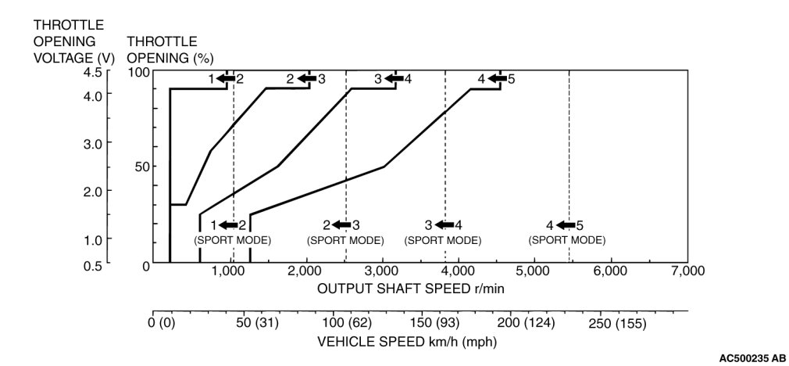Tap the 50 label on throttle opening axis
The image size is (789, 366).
click(141, 167)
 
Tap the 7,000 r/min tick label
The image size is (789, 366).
click(687, 271)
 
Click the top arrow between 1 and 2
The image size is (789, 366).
click(226, 78)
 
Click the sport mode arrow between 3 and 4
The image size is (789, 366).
click(444, 225)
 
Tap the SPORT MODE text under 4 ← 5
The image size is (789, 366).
click(566, 240)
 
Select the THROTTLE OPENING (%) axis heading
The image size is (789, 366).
click(162, 49)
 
